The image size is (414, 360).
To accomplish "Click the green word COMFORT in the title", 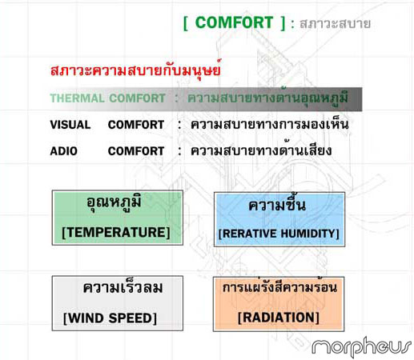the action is (x=234, y=22).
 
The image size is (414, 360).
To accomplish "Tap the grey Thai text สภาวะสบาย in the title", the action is (x=336, y=24).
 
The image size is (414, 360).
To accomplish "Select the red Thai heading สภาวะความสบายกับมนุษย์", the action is (x=136, y=70).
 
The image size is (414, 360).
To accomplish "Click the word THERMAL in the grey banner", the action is (x=77, y=98).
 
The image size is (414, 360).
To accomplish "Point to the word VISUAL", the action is (x=70, y=125).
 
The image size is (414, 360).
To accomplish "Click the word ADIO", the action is (x=64, y=151).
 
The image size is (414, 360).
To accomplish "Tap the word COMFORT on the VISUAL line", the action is (x=136, y=125).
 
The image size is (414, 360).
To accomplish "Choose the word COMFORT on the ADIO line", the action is (x=136, y=151).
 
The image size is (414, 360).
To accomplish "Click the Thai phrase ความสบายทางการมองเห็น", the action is (x=270, y=124).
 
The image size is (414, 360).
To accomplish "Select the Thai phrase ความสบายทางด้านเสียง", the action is (x=261, y=150).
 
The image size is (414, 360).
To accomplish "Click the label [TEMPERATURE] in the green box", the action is (x=116, y=232).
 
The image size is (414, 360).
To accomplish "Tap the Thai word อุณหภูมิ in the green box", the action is (x=114, y=203).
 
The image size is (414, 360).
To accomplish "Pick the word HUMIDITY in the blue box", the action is (x=308, y=234).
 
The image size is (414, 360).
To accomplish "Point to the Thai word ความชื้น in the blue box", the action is (x=277, y=204).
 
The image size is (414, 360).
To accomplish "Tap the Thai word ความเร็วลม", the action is (x=123, y=287).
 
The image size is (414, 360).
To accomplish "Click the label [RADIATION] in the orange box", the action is (x=279, y=318).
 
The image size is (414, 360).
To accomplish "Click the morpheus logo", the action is (x=362, y=346).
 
